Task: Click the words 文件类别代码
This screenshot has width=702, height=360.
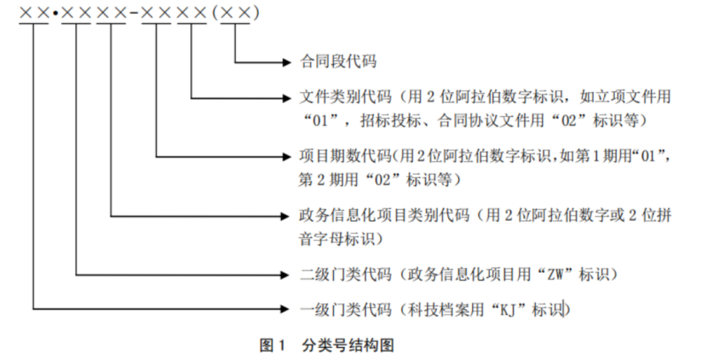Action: pos(338,97)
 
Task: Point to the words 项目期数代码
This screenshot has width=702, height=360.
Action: pos(338,156)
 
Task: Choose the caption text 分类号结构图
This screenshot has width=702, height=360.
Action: pos(348,345)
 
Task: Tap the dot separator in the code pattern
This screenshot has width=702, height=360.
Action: pos(55,14)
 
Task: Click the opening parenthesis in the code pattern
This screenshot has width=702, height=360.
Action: pos(215,14)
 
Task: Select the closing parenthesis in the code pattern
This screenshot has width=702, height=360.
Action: pos(256,14)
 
